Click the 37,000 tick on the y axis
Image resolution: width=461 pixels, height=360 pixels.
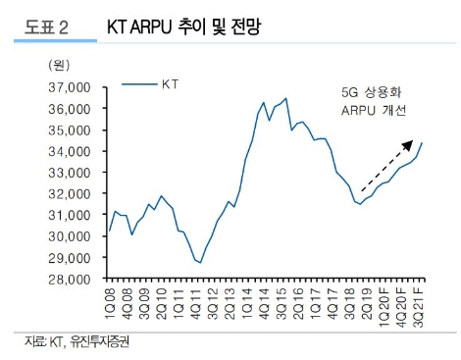coord(68,87)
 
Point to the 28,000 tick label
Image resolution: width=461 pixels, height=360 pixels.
coord(68,279)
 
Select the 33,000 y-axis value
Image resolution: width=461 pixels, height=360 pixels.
coord(68,173)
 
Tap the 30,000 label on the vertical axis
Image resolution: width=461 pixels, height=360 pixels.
coord(68,236)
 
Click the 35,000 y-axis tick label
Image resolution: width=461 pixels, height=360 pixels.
coord(68,130)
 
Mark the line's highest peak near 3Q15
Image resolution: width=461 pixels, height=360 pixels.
coord(285,98)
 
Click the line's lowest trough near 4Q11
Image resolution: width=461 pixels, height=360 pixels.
coord(200,263)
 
